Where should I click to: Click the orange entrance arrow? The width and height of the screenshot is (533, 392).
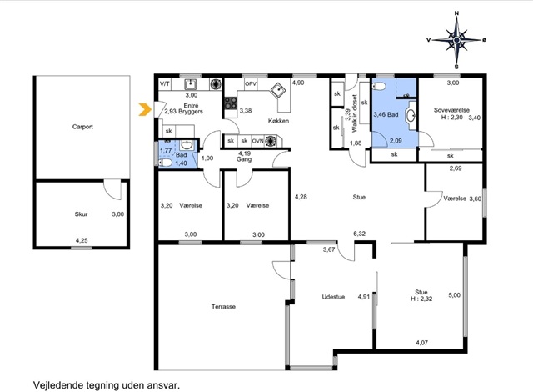144,109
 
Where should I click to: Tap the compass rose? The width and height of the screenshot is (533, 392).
456,40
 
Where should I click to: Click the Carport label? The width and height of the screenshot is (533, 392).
82,127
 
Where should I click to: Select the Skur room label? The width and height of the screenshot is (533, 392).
82,214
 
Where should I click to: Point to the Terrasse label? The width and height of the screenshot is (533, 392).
223,307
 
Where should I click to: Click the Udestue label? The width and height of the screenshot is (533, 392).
333,297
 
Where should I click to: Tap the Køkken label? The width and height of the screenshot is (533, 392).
278,121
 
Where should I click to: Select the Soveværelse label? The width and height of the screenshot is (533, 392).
451,110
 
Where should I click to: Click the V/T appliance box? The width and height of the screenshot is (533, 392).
165,83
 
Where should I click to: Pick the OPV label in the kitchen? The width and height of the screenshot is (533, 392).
251,83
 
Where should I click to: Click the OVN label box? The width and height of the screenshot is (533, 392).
257,141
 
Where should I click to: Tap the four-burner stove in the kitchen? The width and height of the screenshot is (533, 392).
231,103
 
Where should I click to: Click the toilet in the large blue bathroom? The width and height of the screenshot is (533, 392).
379,87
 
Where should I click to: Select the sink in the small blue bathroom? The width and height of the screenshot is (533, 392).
187,145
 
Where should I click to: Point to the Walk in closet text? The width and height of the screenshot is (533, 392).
355,113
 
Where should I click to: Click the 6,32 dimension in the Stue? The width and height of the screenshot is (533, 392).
359,234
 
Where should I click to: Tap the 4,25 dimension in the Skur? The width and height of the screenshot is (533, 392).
82,240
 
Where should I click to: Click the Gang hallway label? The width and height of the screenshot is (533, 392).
244,159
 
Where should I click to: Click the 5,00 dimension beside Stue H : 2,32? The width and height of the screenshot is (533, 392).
455,295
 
